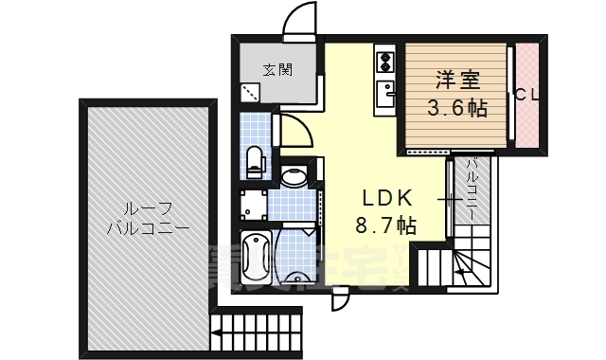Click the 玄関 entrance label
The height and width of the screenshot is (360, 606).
[277, 69]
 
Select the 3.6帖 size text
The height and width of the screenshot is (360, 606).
[456, 108]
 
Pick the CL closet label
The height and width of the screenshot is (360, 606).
[526, 95]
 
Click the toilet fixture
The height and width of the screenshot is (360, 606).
[254, 160]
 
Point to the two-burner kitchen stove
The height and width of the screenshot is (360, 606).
[385, 64]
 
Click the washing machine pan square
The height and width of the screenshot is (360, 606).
[252, 204]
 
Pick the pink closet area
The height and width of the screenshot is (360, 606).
[528, 95]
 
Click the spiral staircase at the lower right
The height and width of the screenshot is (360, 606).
[468, 263]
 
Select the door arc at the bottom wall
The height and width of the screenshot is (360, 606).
[340, 299]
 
